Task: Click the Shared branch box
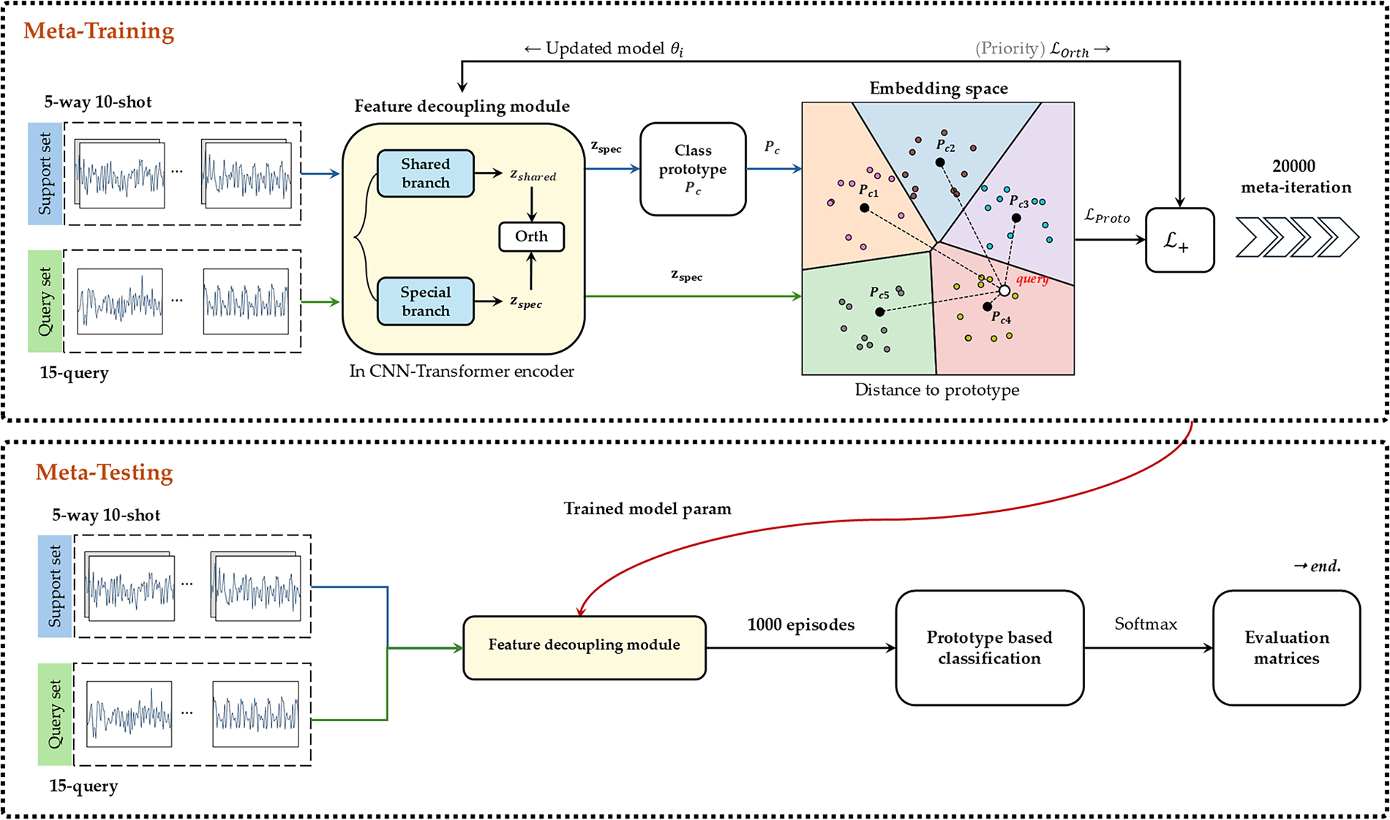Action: [425, 173]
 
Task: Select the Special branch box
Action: [425, 301]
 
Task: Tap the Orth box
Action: [531, 236]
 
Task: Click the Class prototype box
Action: [693, 169]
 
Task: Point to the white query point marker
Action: [1004, 291]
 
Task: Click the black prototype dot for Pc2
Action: [940, 162]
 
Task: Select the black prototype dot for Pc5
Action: [880, 312]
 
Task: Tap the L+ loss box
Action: [1179, 240]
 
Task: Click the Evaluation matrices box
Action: [1286, 647]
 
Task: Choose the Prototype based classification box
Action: [989, 647]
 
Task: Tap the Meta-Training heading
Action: [99, 31]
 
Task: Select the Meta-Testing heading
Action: [104, 473]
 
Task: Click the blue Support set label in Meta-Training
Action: [45, 173]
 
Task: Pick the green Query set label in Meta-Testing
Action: [55, 714]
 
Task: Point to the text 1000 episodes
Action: [800, 625]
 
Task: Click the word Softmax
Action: [1146, 624]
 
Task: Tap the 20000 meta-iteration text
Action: [1296, 176]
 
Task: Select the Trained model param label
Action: [647, 508]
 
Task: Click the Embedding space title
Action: [938, 89]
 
